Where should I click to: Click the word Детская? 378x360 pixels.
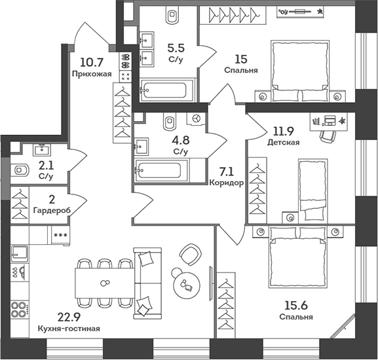(x=283, y=142)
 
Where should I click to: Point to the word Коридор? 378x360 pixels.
(x=227, y=183)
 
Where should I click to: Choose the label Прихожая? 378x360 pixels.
(x=92, y=74)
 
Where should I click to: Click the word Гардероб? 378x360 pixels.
(x=51, y=210)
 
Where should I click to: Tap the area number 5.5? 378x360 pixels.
(x=175, y=47)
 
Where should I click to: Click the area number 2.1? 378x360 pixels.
(x=46, y=165)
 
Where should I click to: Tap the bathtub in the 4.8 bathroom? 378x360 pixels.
(x=160, y=170)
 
